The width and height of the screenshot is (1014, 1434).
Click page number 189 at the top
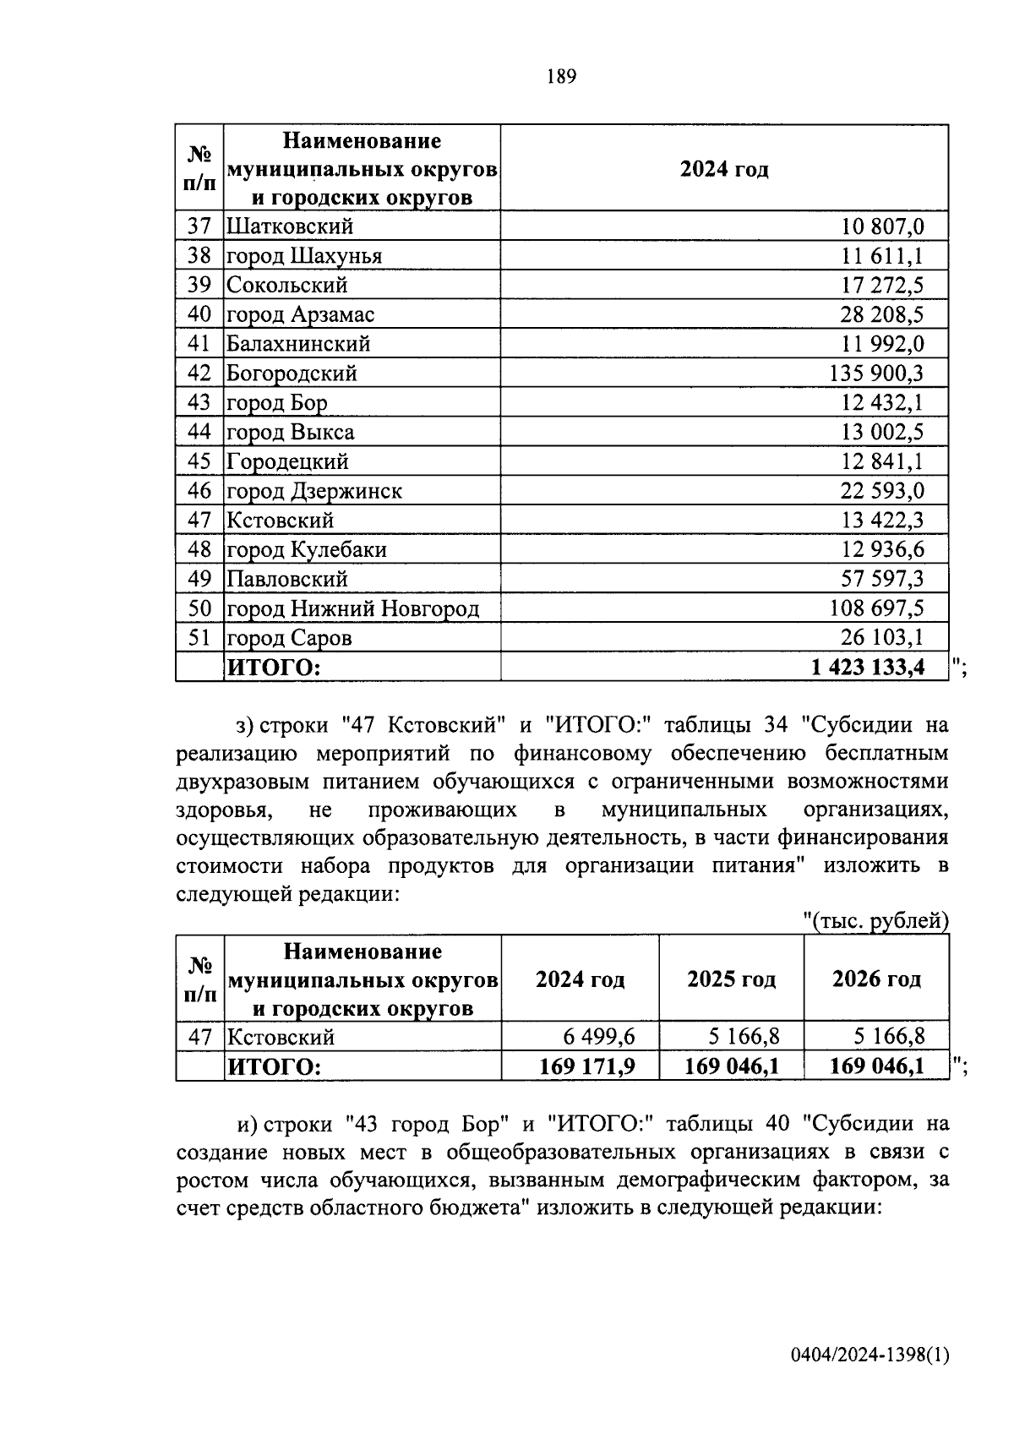point(561,77)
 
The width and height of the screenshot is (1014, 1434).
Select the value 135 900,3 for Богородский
point(877,373)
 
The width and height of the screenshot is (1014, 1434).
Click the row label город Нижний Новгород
point(352,608)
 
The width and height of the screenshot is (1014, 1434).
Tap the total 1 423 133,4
point(868,668)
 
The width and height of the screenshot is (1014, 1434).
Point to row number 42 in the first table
point(199,373)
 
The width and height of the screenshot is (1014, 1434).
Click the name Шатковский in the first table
point(290,226)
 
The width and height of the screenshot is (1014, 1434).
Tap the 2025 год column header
point(731,979)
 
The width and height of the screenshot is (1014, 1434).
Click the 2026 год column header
point(876,979)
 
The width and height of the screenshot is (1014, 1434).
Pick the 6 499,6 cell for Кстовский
point(599,1036)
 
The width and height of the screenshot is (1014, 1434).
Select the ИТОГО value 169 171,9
point(587,1066)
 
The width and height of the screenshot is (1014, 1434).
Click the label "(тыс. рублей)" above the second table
point(876,920)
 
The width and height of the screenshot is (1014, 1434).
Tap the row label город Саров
point(289,638)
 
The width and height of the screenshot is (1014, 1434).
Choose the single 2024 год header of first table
point(724,170)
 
